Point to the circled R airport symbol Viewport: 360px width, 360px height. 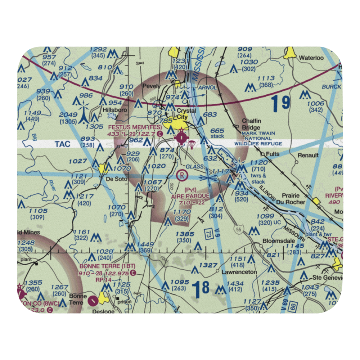(183, 176)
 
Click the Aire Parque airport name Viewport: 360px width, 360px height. (190, 195)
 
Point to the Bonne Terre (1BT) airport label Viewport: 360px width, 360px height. (107, 266)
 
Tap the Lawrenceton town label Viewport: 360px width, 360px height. (239, 272)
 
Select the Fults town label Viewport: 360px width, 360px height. (273, 154)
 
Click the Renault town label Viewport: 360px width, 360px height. (308, 155)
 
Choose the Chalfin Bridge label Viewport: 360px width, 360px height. (251, 124)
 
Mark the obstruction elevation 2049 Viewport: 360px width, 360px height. (68, 114)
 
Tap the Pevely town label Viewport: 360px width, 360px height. (151, 86)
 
